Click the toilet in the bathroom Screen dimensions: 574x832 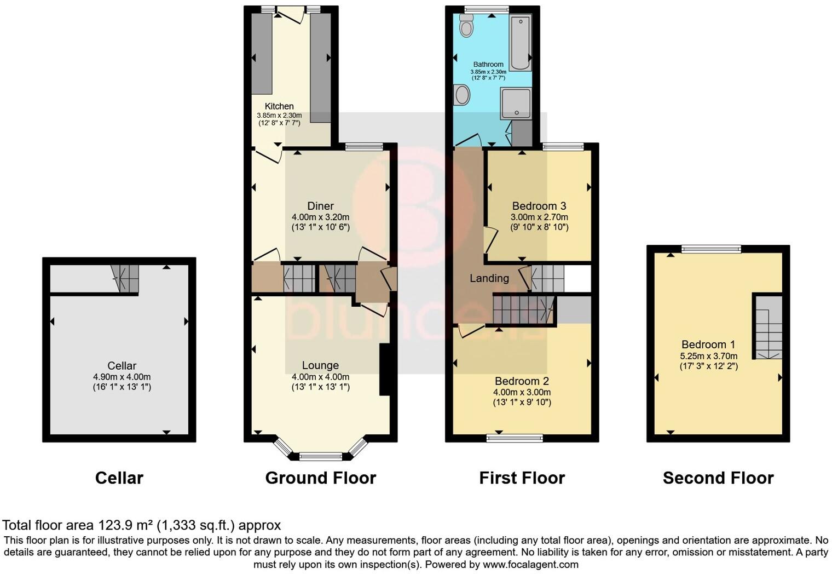click(466, 26)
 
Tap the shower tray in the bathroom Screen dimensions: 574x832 click(516, 103)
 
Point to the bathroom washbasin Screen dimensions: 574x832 click(462, 95)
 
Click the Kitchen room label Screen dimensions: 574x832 click(279, 106)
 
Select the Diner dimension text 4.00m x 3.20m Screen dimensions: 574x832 click(320, 217)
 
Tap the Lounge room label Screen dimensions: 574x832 click(320, 365)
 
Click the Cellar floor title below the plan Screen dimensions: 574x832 click(119, 478)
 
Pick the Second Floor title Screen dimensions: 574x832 click(718, 478)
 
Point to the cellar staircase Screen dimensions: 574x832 click(125, 278)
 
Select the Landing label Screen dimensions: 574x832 click(489, 278)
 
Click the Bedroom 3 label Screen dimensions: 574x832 click(539, 206)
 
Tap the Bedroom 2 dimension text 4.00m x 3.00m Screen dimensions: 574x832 click(522, 392)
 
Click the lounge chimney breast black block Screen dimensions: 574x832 click(385, 369)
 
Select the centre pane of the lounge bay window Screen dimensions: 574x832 click(320, 456)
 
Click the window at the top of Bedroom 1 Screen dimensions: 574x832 click(711, 249)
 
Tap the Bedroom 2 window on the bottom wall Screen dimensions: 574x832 click(515, 438)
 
